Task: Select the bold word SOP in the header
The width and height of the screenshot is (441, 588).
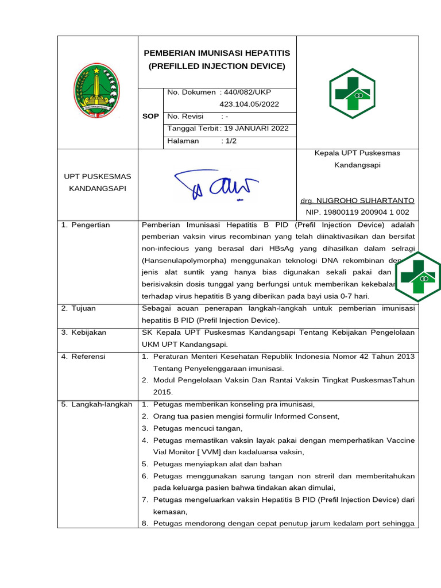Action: pyautogui.click(x=150, y=116)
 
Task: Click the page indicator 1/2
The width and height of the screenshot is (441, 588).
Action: pyautogui.click(x=230, y=141)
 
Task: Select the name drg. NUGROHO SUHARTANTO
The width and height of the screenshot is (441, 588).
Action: pyautogui.click(x=357, y=200)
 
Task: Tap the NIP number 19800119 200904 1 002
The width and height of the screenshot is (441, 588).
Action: pyautogui.click(x=357, y=212)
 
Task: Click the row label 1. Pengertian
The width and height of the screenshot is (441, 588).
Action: pyautogui.click(x=86, y=225)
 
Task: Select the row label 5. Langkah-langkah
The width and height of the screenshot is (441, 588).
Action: pyautogui.click(x=96, y=405)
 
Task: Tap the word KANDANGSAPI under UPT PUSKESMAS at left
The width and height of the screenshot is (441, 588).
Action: pyautogui.click(x=98, y=188)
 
